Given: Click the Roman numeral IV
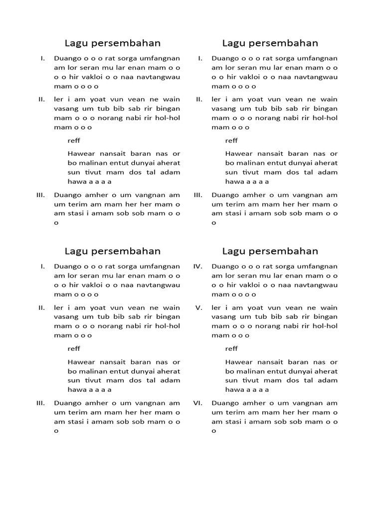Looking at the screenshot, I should (x=197, y=266).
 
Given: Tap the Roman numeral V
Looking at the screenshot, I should (x=199, y=307).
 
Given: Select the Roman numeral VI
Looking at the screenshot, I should (x=197, y=403).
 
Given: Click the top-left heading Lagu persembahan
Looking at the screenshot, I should (x=112, y=43).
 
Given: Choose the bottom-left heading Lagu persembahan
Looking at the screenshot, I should (x=112, y=251).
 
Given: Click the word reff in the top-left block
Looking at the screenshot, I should (x=74, y=141).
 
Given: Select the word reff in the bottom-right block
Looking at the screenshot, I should (x=231, y=348).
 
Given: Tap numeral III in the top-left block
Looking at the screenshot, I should (x=41, y=195).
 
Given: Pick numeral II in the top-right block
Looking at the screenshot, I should (x=199, y=99).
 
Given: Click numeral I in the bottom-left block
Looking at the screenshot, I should (x=43, y=266).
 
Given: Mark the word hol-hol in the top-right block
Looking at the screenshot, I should (x=325, y=118).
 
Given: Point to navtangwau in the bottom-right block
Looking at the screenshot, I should (x=316, y=285).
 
